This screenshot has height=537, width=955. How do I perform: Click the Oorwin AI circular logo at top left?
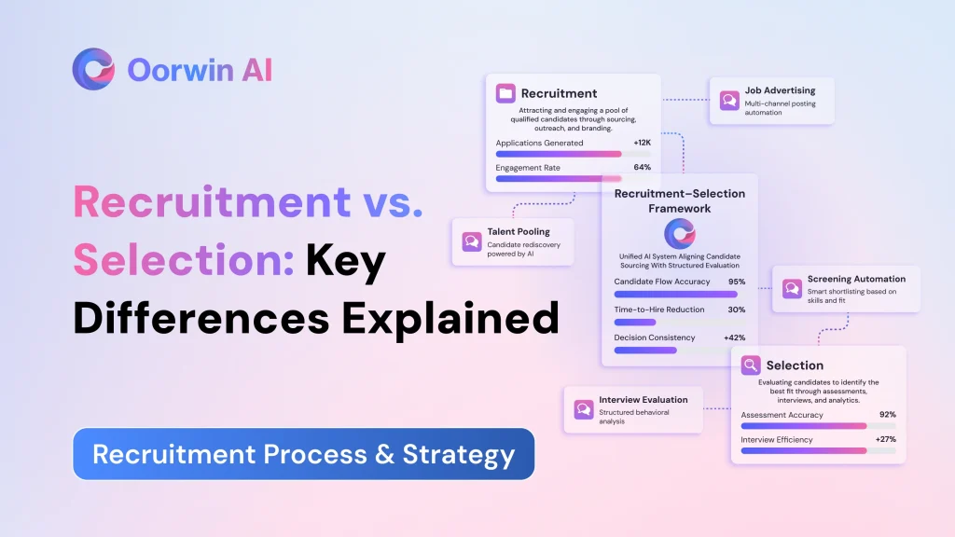pyautogui.click(x=93, y=69)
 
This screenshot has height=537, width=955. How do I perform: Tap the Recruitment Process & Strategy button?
pyautogui.click(x=303, y=454)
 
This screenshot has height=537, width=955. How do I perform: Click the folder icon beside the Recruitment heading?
pyautogui.click(x=505, y=93)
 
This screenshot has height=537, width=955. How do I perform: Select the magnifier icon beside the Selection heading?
pyautogui.click(x=751, y=365)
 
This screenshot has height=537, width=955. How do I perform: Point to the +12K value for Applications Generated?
pyautogui.click(x=642, y=143)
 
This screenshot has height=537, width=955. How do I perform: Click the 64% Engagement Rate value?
pyautogui.click(x=642, y=167)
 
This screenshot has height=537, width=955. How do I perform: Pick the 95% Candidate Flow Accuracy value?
pyautogui.click(x=737, y=282)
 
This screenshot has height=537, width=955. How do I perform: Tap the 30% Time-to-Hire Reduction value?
pyautogui.click(x=737, y=310)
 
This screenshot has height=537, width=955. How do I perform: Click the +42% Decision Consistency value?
pyautogui.click(x=735, y=337)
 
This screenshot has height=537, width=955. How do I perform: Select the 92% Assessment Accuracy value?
pyautogui.click(x=888, y=415)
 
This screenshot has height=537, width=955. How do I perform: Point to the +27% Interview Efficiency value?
pyautogui.click(x=886, y=439)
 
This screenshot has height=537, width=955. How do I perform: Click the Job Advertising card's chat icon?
pyautogui.click(x=729, y=101)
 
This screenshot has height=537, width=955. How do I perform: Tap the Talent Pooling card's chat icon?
pyautogui.click(x=471, y=241)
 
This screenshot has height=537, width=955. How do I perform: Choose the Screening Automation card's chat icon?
pyautogui.click(x=792, y=289)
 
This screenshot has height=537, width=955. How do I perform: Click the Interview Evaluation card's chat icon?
pyautogui.click(x=584, y=409)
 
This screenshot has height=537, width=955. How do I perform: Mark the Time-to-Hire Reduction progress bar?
pyautogui.click(x=679, y=322)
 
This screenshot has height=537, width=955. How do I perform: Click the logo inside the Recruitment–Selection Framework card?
pyautogui.click(x=680, y=234)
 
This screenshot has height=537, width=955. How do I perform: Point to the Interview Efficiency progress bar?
pyautogui.click(x=819, y=451)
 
